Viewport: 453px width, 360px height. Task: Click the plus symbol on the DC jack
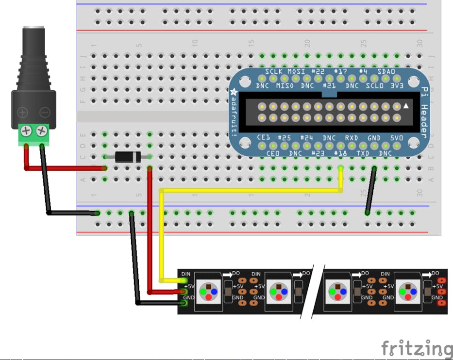pos(22,113)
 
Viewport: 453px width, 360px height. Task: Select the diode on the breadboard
pos(128,156)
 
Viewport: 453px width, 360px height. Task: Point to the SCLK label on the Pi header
pos(273,72)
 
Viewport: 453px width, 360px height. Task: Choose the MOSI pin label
pos(296,72)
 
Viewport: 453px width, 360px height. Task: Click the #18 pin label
pos(340,153)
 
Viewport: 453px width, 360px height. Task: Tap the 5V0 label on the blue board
pos(397,138)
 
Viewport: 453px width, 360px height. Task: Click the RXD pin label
pos(352,138)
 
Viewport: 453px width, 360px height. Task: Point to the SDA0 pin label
pos(386,72)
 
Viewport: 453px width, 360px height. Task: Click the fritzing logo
pos(416,348)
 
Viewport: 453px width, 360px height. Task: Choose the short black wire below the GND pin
pos(370,190)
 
